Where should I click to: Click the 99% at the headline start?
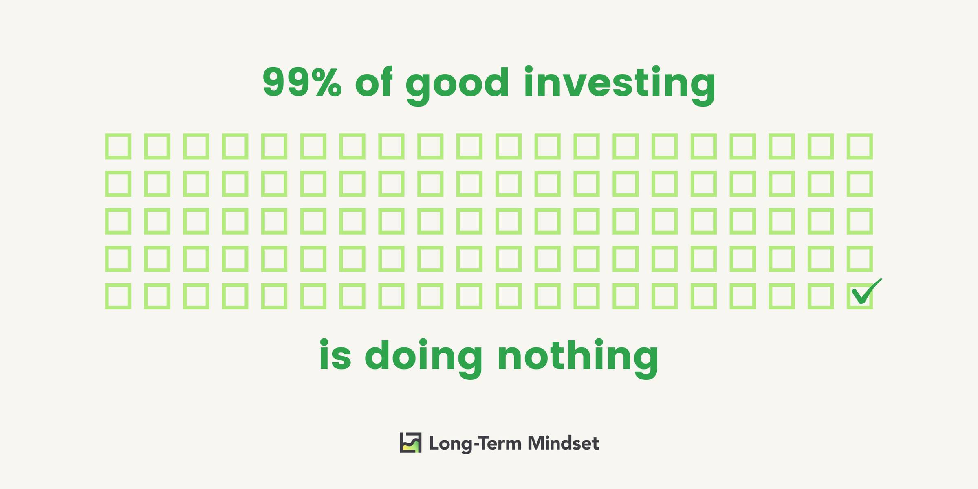[302, 82]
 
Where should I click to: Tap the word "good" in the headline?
[457, 86]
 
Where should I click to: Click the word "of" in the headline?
[374, 81]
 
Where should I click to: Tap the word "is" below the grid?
[335, 354]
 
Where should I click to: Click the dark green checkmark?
[866, 292]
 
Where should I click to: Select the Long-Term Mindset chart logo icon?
[411, 443]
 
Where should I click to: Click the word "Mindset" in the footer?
[563, 443]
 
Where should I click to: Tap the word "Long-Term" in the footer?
[475, 443]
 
